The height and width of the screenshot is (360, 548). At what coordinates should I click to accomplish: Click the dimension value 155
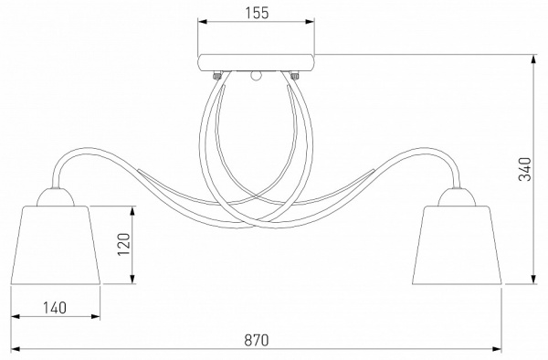(257, 13)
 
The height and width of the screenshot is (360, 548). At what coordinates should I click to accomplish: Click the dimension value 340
(524, 169)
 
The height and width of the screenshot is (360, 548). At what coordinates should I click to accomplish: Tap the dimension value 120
(123, 244)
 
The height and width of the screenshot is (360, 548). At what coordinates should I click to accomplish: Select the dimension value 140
(55, 308)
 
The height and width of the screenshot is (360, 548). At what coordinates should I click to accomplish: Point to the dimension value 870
(257, 340)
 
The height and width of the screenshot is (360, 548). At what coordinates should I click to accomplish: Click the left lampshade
(56, 245)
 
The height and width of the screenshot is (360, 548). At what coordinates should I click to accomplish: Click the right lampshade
(458, 245)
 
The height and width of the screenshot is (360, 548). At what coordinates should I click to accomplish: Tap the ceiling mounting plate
(256, 63)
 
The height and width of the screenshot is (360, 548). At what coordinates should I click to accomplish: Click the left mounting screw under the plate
(217, 76)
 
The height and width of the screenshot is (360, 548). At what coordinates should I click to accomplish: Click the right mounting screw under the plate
(295, 76)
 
